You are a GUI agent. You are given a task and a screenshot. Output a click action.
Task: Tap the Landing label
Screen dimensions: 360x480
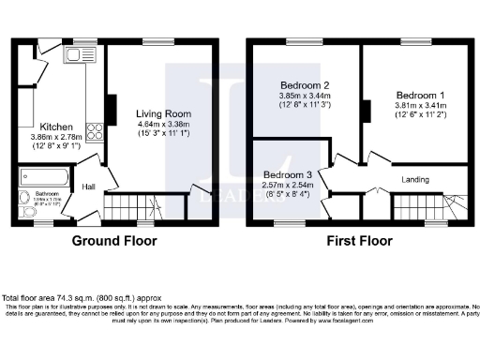(417, 180)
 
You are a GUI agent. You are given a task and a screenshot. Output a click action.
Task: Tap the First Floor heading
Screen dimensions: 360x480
(359, 241)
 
